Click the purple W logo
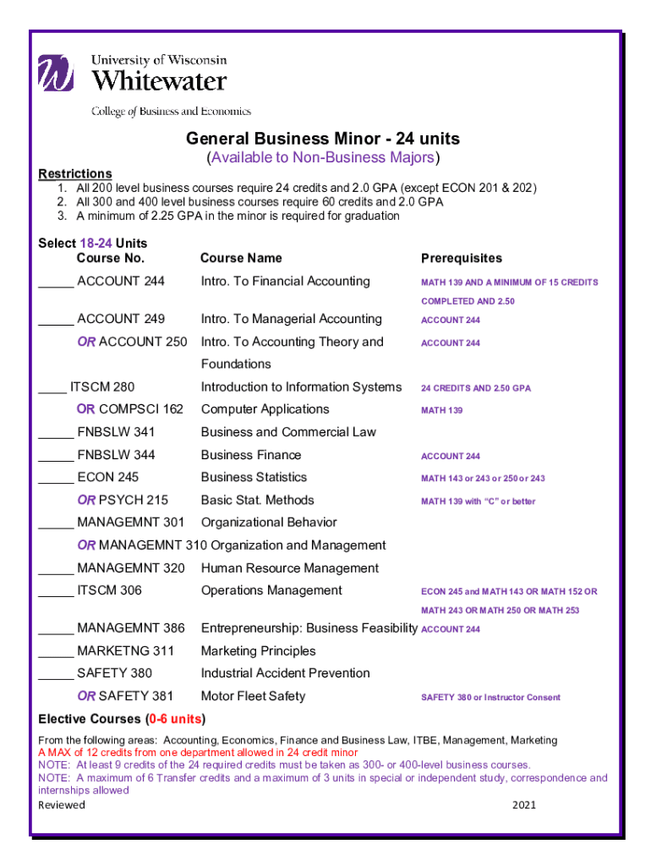[x=56, y=73]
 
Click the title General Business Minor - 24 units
[x=323, y=139]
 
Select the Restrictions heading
[x=75, y=173]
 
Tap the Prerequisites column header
[x=461, y=258]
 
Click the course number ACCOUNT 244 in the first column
[x=120, y=281]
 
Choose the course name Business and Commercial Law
[x=288, y=432]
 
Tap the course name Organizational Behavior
[x=269, y=523]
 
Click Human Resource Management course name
[x=289, y=568]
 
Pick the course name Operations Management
[x=271, y=590]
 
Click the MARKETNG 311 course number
[x=125, y=650]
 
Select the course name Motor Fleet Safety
[x=253, y=696]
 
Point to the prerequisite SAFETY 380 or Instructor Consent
[x=490, y=698]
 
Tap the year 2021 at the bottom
[x=524, y=805]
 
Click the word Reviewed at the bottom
[x=62, y=805]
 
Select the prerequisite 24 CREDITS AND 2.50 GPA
[x=476, y=388]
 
